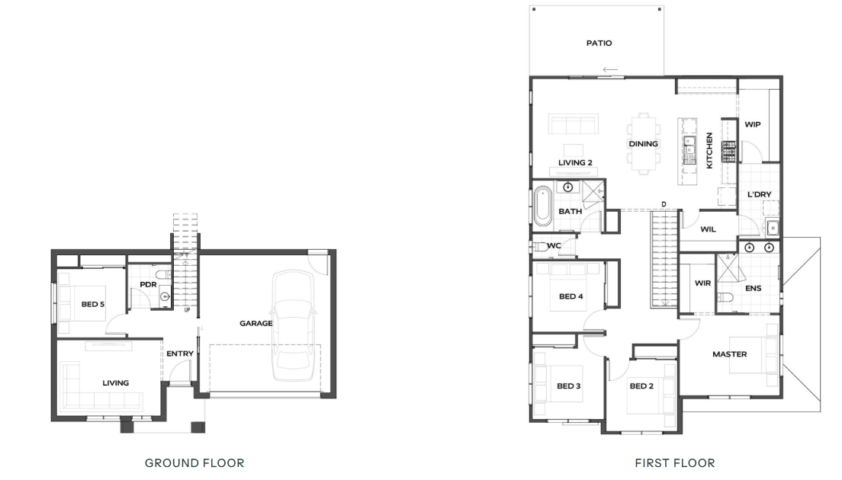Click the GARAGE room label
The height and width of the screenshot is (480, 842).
coord(256,323)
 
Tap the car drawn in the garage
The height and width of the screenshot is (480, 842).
coord(294,325)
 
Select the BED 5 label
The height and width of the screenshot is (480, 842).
coord(93,304)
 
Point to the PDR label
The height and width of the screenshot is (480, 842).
coord(148,284)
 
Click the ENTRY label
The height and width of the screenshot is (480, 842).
coord(180,354)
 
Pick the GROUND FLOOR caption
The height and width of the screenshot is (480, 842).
coord(194,462)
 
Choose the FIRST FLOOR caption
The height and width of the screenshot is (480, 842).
coord(675,462)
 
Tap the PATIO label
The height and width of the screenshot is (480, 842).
coord(599,43)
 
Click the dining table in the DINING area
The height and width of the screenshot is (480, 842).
coord(643,144)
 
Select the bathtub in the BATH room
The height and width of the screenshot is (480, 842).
coord(543,206)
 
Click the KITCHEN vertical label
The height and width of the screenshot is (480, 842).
coord(709,151)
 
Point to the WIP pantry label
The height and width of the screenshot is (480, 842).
coord(752,124)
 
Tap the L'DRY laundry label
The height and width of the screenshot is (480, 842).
coord(760,195)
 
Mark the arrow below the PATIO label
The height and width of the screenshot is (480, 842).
coord(610,69)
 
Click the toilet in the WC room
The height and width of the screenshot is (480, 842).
coord(539,247)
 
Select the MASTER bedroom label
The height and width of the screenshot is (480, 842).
coord(730,354)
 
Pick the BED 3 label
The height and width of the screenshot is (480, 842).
coord(569,386)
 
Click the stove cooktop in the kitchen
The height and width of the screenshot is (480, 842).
coord(728,152)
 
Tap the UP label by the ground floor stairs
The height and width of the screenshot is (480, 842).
coord(187,310)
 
